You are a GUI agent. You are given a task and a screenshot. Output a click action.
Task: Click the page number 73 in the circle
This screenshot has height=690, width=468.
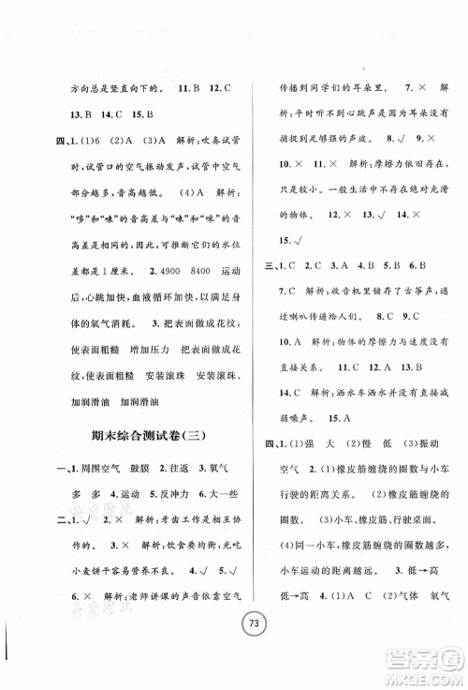point(233,647)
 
